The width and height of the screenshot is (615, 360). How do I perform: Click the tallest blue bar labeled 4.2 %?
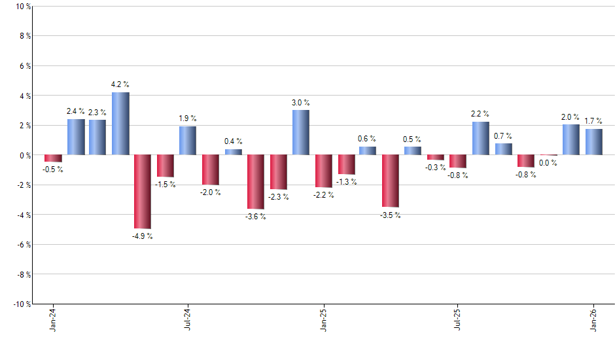click(120, 124)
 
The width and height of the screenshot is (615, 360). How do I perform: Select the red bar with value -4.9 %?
click(143, 191)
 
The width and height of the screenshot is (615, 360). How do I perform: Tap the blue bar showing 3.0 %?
click(300, 132)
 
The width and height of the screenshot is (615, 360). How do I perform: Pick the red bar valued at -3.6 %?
click(255, 181)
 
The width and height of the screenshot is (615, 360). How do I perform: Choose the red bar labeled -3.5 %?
click(391, 181)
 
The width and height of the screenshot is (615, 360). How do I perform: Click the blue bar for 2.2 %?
click(480, 138)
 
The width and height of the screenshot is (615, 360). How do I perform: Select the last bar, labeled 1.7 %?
click(593, 142)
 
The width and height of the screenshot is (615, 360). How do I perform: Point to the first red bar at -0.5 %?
click(53, 158)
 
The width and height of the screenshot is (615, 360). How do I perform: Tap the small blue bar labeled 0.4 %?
click(233, 152)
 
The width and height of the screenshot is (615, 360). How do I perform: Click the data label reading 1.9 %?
click(188, 118)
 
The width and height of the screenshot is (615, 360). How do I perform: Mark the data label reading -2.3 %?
click(278, 197)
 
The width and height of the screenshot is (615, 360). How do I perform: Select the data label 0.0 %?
click(548, 163)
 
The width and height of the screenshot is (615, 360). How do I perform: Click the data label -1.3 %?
click(346, 182)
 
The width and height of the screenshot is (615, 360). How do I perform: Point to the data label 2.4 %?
click(75, 111)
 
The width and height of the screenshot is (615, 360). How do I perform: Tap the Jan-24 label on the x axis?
click(52, 320)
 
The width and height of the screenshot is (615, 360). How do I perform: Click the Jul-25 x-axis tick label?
click(457, 320)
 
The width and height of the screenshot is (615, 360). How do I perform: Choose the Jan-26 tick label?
click(593, 320)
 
